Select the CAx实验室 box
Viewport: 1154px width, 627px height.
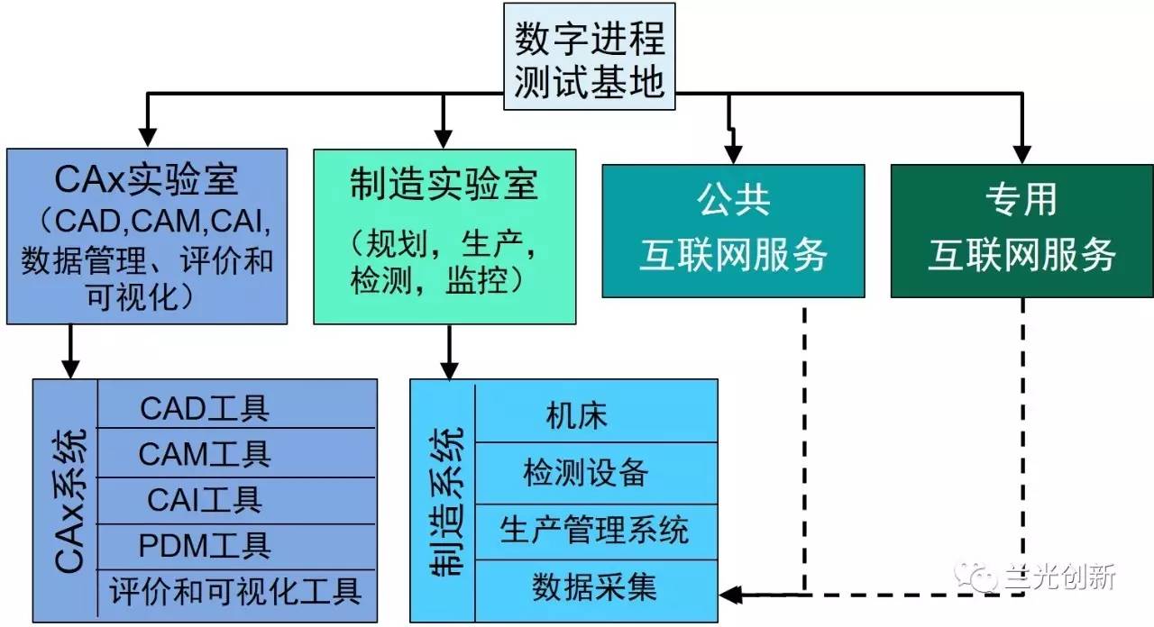pos(146,236)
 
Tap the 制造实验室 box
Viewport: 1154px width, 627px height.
pos(444,235)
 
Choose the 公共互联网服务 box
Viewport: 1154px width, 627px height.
pos(732,231)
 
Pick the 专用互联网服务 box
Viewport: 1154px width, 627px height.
pos(1021,231)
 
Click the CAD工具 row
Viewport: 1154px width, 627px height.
pos(205,409)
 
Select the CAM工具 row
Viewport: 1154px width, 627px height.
pos(205,453)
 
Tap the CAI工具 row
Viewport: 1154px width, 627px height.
pos(205,498)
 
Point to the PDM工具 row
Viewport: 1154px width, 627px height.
pos(205,544)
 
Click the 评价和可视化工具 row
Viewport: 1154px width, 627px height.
pos(235,591)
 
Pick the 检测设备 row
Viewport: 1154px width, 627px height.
pos(586,473)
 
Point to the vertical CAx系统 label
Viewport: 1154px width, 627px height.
pos(71,501)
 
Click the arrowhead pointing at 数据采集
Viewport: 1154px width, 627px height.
pos(730,595)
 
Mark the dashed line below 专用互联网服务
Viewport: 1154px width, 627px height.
pos(1023,432)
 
